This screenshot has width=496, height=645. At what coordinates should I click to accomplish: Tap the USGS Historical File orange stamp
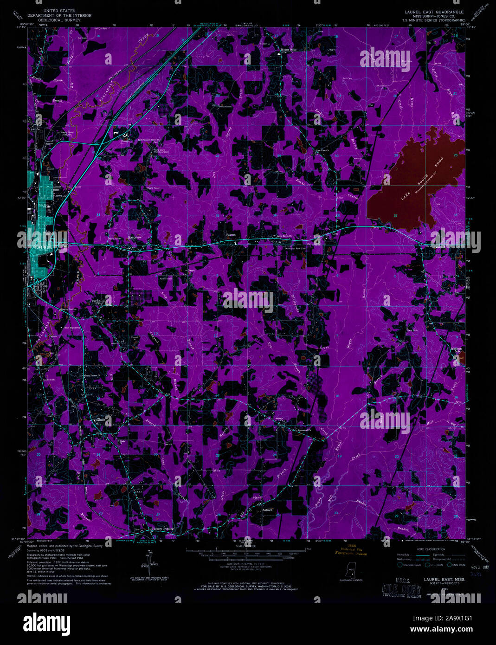(x=351, y=551)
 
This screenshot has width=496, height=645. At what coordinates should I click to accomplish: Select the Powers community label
(x=231, y=235)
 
